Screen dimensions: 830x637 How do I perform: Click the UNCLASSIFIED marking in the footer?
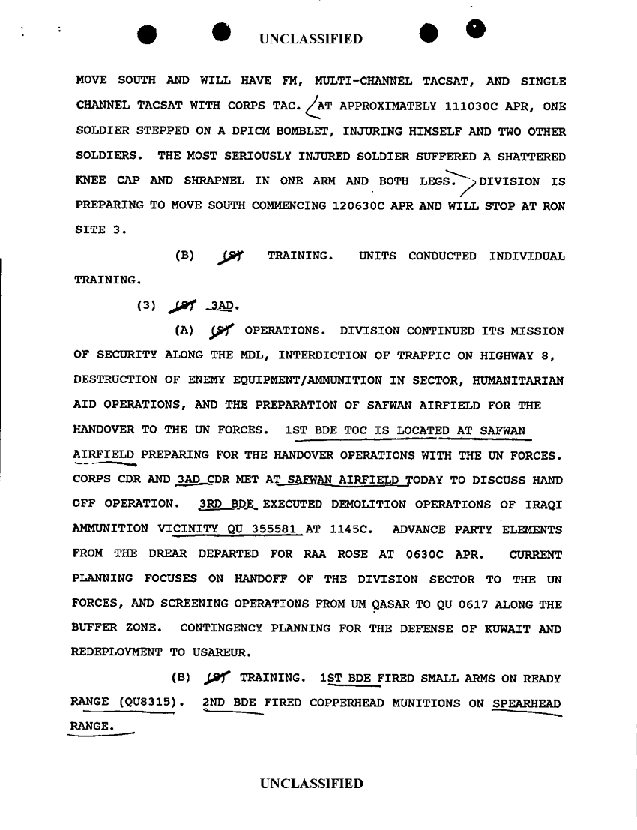(x=311, y=784)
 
